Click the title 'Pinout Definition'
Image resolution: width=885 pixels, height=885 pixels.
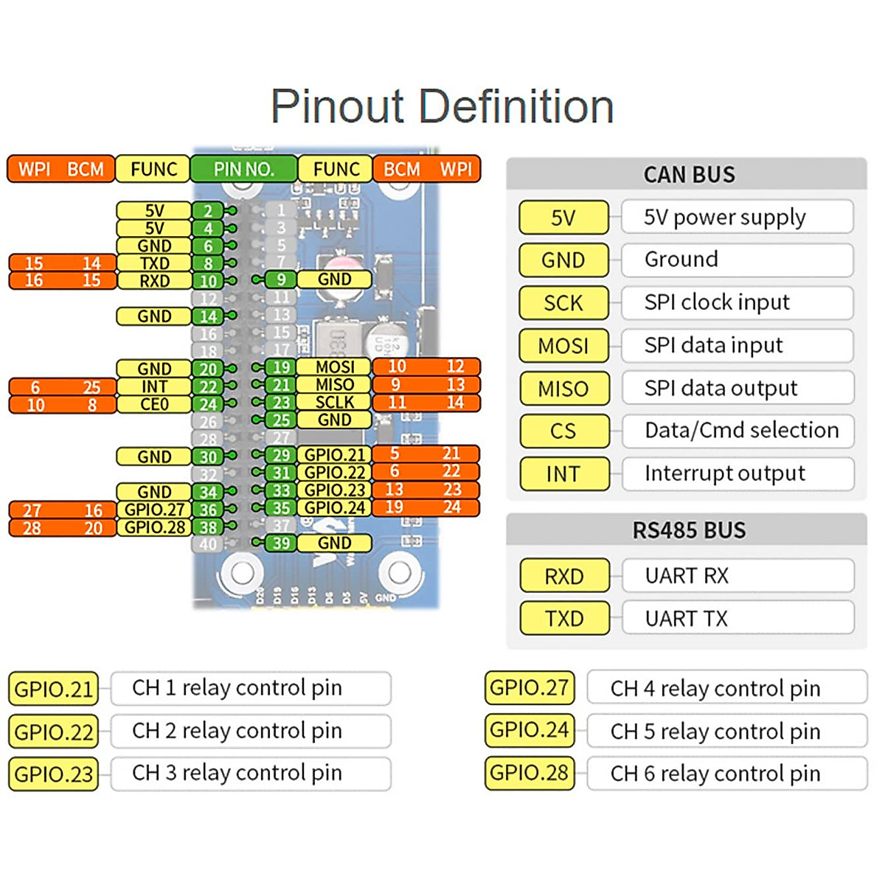coord(442,107)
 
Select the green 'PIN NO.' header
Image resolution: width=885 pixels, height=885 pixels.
coord(243,169)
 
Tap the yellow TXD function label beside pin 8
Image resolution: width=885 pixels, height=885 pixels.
coord(154,263)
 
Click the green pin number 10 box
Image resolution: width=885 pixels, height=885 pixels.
coord(208,281)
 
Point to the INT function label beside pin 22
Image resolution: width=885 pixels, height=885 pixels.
coord(154,386)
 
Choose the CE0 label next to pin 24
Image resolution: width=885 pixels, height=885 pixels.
coord(154,404)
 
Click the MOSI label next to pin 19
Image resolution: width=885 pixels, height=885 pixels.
coord(335,367)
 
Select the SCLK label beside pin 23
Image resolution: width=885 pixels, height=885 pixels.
coord(335,402)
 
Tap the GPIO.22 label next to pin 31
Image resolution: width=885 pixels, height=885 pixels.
coord(335,472)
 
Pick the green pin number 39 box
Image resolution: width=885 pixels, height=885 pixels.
coord(281,543)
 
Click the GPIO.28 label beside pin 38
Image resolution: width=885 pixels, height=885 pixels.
coord(154,527)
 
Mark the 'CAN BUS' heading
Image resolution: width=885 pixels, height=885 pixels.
coord(689,175)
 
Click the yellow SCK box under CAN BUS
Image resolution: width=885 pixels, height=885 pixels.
coord(564,302)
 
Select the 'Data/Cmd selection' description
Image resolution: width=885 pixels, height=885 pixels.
coord(741,430)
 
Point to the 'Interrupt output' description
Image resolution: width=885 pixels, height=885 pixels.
coord(724,473)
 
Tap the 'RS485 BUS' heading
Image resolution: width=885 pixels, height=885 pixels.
coord(689,530)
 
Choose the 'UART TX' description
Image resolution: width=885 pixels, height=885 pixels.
coord(686,618)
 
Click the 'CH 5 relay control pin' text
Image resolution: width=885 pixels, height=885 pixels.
coord(715,731)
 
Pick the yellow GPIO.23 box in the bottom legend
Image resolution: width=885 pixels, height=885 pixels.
coord(54,774)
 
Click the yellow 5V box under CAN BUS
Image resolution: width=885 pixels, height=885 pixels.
coord(564,218)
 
